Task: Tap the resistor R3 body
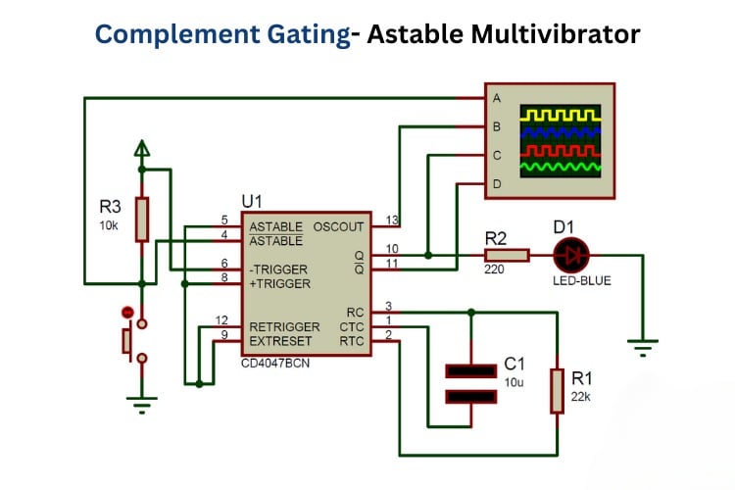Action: click(142, 219)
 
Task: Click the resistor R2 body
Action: click(507, 256)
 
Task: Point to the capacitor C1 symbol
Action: click(470, 383)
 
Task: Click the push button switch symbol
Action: click(129, 340)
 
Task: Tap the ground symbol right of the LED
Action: click(643, 344)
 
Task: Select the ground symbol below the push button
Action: click(142, 399)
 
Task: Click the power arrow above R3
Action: click(142, 149)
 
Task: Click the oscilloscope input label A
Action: click(497, 98)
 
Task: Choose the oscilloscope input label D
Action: click(497, 183)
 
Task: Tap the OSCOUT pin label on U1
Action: click(338, 226)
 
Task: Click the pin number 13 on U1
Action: click(392, 220)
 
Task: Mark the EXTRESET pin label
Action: click(280, 341)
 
